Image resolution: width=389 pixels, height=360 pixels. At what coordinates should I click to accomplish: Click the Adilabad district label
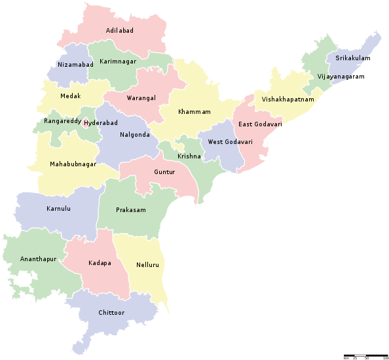point(120,31)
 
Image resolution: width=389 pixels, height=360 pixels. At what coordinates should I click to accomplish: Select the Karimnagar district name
point(115,61)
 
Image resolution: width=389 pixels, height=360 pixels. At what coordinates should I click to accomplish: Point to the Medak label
point(70,96)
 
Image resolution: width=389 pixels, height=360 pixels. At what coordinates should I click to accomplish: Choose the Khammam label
point(194,112)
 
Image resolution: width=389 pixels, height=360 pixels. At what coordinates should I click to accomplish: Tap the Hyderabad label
point(100,122)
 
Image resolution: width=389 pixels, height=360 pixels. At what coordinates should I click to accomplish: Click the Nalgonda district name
point(135,135)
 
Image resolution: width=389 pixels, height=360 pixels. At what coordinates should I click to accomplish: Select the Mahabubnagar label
point(73,164)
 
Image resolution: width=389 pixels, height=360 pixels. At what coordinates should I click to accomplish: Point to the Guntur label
point(164,171)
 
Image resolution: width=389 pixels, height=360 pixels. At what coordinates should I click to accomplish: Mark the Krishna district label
point(189,156)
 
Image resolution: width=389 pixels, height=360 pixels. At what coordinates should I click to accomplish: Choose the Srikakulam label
point(352,58)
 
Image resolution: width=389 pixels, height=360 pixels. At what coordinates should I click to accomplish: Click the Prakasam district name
point(130,210)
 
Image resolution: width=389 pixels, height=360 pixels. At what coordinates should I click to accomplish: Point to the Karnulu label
point(58,209)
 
